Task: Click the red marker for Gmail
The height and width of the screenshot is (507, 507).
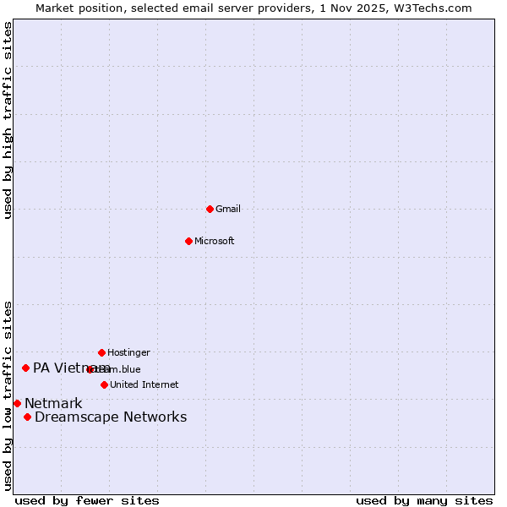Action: coord(210,209)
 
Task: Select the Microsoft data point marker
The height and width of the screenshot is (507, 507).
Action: coord(188,241)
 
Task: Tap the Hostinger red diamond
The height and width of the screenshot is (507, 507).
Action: coord(101,352)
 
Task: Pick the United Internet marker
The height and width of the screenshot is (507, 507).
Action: coord(104,384)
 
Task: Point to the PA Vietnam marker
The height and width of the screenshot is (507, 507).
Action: coord(25,368)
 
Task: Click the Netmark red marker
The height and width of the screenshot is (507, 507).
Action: coord(17,403)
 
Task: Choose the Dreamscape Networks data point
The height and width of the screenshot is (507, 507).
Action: coord(27,417)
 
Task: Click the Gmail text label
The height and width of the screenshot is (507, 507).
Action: coord(228,209)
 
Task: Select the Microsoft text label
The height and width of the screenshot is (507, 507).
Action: coord(215,241)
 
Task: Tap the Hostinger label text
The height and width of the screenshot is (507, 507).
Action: coord(128,352)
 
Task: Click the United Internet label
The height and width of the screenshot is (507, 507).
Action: coord(144,384)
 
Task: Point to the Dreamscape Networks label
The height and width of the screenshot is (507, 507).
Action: coord(111,417)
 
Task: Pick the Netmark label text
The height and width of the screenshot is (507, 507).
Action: coord(53,403)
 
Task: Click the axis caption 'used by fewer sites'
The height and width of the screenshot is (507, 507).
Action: coord(87,500)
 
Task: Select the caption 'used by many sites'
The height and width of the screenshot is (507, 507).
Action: coord(424,500)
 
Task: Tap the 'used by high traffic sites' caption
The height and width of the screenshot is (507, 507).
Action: coord(8,120)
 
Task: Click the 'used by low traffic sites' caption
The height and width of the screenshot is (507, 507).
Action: coord(8,395)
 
